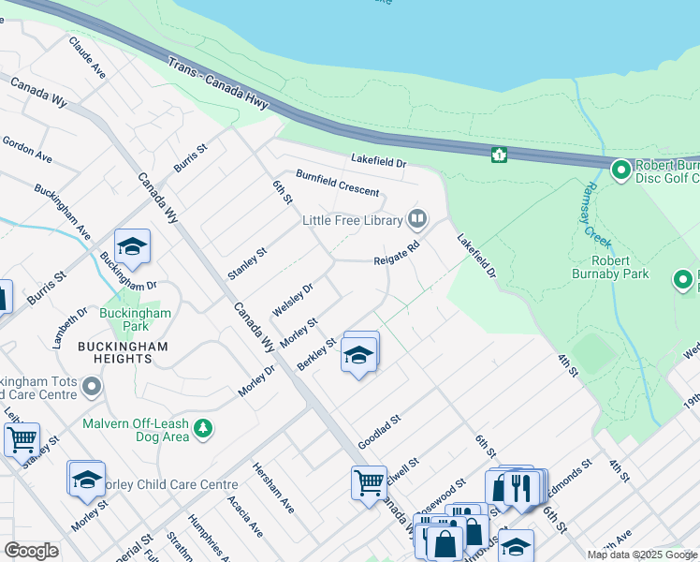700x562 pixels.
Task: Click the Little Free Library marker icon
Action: point(417,220)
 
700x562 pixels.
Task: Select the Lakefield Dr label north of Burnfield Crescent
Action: point(379,162)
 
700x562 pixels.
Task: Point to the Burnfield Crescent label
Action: point(338,184)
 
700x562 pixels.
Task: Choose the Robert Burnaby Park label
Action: point(610,267)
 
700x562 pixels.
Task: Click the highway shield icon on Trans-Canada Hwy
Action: point(500,154)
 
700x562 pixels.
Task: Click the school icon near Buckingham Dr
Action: point(132,247)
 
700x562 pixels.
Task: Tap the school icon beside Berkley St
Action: point(358,355)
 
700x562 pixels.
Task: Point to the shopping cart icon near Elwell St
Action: point(369,482)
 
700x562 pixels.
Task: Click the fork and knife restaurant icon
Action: point(520,487)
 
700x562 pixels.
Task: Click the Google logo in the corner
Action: point(31,551)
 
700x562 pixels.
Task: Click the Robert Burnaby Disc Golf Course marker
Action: point(620,170)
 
